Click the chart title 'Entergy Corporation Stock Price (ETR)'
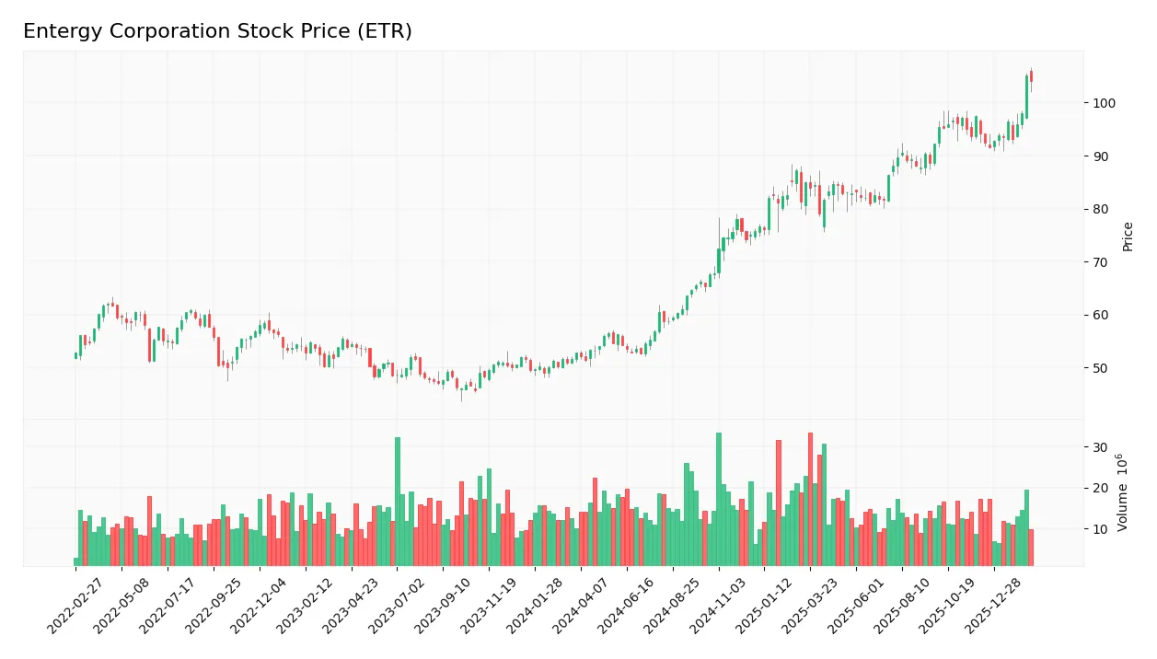click(x=217, y=31)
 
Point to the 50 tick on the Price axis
click(x=1099, y=368)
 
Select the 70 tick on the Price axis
click(x=1099, y=262)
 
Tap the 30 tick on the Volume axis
click(x=1099, y=447)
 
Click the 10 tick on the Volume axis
click(x=1099, y=529)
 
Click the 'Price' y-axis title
click(x=1128, y=237)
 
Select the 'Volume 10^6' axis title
click(x=1122, y=491)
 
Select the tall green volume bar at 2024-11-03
click(x=719, y=499)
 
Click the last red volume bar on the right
click(x=1031, y=547)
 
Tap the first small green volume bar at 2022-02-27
click(x=76, y=561)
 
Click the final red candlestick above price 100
click(x=1031, y=77)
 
